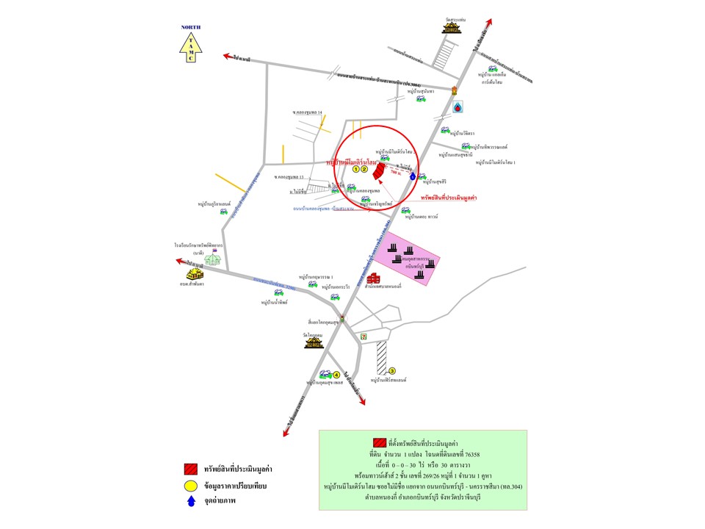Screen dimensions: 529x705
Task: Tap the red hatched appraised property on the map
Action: (x=377, y=171)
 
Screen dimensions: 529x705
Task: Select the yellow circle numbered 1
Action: (x=355, y=169)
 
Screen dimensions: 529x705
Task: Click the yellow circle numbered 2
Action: (x=364, y=169)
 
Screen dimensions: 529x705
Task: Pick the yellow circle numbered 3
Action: (x=392, y=371)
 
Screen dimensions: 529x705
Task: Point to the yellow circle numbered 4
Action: (x=336, y=375)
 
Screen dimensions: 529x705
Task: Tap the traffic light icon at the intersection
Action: (x=342, y=318)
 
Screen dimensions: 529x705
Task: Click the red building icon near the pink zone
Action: (x=374, y=278)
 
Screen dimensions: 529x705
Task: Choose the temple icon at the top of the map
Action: (x=450, y=27)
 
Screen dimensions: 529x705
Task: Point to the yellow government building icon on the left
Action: (x=195, y=272)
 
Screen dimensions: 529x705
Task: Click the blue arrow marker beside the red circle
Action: (x=413, y=176)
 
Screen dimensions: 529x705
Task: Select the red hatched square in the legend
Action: (x=191, y=468)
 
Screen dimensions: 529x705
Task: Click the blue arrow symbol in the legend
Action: (x=191, y=502)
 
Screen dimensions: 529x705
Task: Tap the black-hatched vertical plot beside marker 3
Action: (x=381, y=358)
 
